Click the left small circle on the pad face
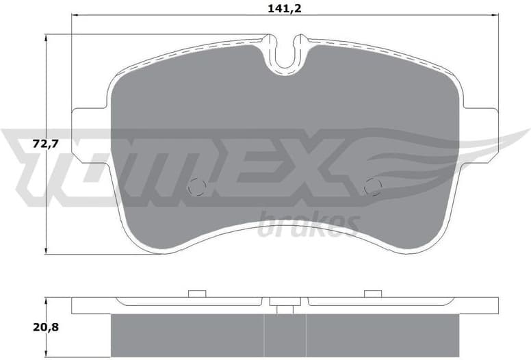tap(196, 185)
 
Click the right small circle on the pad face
tap(373, 185)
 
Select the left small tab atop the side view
tap(197, 294)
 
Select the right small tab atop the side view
tap(373, 294)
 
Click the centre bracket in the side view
tap(285, 305)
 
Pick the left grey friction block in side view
tap(187, 335)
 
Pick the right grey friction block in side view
tap(383, 335)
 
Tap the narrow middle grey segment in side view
tap(285, 335)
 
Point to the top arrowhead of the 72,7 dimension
tap(46, 38)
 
